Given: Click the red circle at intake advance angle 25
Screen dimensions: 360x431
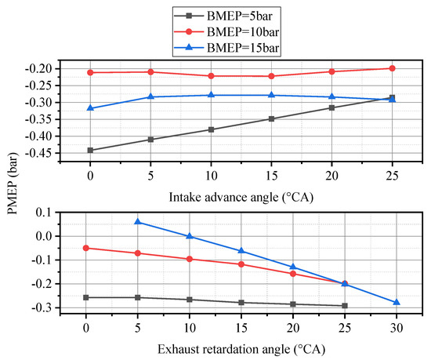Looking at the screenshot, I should click(392, 68).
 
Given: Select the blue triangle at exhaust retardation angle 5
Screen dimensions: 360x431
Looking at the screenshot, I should click(138, 222).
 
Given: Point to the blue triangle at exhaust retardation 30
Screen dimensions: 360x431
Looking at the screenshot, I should click(397, 302).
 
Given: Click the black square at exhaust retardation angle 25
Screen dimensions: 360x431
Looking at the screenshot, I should click(345, 306).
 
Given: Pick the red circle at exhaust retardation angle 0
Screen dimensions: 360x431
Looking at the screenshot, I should click(86, 248).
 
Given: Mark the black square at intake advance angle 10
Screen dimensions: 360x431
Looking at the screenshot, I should click(211, 129).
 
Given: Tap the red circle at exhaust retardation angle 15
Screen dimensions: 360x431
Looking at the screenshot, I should click(241, 264).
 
